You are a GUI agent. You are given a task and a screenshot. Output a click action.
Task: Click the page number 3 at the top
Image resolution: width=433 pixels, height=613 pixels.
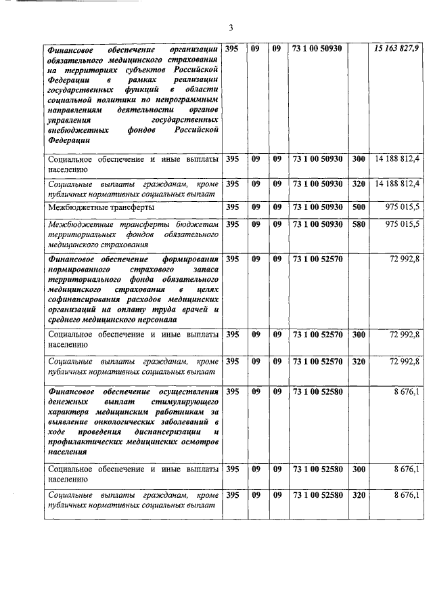(230, 28)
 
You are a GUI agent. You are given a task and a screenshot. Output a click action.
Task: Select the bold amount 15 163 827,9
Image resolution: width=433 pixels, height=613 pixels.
(396, 49)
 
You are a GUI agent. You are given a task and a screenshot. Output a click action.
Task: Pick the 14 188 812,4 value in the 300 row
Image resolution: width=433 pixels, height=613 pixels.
(396, 158)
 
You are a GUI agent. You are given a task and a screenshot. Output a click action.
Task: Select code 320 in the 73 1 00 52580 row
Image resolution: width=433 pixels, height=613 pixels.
(359, 495)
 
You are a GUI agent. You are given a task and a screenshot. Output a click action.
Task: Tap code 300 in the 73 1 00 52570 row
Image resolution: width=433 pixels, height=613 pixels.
(359, 334)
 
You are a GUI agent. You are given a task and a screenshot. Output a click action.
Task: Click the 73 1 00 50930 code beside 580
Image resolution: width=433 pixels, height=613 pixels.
(317, 223)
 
